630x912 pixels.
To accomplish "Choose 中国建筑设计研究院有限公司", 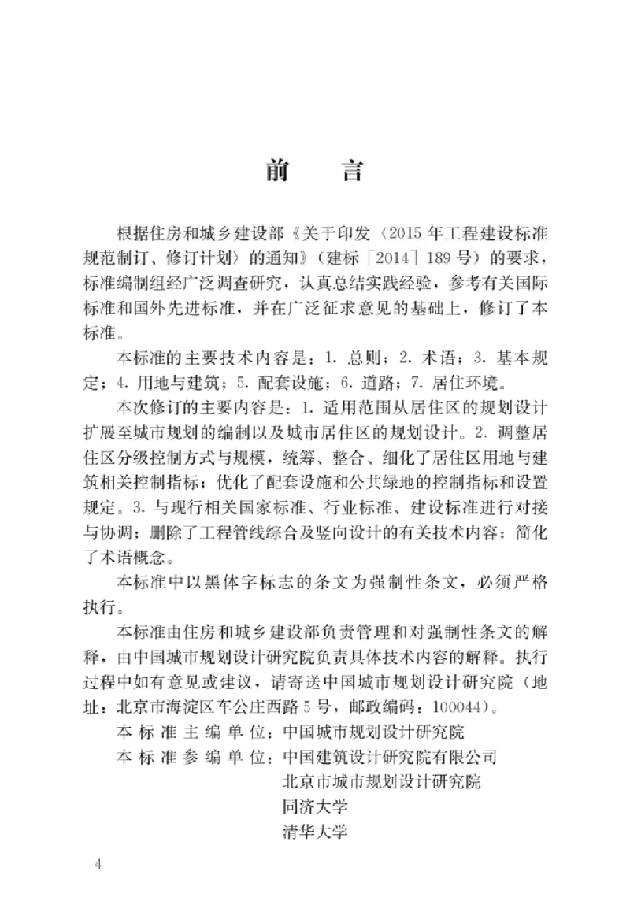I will point(390,757).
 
